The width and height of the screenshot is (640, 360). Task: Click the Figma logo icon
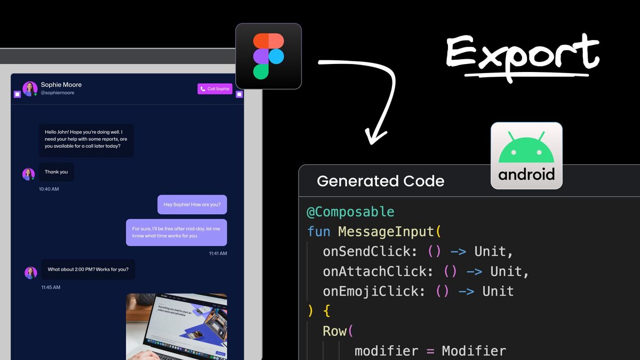[x=268, y=56]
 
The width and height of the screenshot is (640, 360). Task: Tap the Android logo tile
[x=526, y=156]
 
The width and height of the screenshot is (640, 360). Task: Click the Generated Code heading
[x=380, y=181]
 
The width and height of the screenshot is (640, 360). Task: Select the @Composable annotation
[x=350, y=212]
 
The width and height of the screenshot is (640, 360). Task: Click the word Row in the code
[x=334, y=331]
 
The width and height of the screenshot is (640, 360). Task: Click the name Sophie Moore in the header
[x=61, y=85]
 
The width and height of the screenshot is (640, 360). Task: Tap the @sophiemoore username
[x=58, y=93]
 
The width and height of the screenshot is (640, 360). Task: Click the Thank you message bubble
[x=57, y=172]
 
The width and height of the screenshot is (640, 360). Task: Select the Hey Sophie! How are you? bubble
[x=192, y=204]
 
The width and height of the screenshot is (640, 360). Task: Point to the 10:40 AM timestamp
[x=49, y=189]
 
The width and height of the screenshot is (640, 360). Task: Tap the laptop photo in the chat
[x=177, y=326]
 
